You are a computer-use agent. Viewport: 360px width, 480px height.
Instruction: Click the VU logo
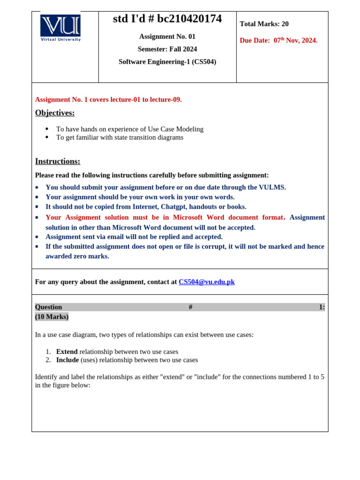60,27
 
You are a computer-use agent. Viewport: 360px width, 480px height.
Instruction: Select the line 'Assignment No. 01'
167,37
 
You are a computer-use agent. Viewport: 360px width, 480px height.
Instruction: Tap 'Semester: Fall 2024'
167,49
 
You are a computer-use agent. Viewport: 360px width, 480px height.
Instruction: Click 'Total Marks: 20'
264,24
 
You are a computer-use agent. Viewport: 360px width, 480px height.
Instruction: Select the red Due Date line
278,40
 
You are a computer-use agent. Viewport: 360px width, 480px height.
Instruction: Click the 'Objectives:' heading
55,112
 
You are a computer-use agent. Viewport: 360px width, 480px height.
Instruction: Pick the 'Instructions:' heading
58,161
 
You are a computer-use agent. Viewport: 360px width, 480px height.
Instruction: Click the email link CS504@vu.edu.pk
206,282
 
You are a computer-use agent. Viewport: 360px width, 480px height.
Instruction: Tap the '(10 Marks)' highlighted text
52,317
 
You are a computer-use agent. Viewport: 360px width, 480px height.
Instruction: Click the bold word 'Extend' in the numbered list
67,352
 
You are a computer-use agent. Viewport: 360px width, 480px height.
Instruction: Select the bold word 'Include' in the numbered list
67,360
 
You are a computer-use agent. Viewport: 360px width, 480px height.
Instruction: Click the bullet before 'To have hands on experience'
47,129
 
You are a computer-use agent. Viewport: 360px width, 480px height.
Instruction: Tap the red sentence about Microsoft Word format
165,217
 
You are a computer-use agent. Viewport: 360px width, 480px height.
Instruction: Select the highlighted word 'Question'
48,307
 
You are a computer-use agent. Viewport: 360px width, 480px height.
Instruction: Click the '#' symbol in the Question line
190,307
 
